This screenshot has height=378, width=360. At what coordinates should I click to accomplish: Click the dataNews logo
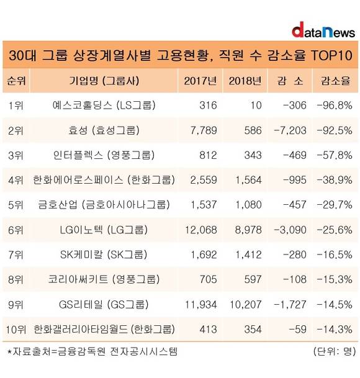pos(323,30)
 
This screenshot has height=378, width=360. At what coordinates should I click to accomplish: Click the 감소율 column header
pos(335,81)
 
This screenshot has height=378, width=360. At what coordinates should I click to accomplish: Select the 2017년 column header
pos(200,81)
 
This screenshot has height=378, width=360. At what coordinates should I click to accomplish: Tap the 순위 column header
pos(16,81)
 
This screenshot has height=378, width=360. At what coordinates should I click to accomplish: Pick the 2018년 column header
pos(245,81)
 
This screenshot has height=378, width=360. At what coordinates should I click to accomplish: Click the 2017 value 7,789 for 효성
pos(204,130)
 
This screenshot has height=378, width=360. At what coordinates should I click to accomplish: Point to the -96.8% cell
pos(335,106)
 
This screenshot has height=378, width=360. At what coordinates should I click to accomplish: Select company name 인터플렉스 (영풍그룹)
pos(104,155)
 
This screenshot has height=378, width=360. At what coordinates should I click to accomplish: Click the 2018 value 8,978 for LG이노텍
pos(248,230)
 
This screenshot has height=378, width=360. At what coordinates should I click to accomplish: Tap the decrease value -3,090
pos(290,230)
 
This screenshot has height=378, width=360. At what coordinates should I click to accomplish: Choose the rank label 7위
pos(16,255)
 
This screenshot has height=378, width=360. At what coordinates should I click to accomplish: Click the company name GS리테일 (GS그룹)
pos(104,305)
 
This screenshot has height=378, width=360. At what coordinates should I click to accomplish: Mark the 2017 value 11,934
pos(201,305)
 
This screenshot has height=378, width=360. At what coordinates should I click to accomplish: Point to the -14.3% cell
pos(335,330)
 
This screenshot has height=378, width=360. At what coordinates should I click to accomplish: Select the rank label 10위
pos(16,330)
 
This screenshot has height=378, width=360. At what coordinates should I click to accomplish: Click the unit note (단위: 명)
pos(335,351)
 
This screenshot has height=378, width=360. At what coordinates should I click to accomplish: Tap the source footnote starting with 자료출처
pos(92,351)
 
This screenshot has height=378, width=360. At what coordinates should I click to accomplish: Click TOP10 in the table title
pos(331,55)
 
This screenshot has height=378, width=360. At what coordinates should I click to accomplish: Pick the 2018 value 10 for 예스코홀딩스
pos(256,106)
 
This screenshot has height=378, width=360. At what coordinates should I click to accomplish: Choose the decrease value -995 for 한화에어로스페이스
pos(295,180)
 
